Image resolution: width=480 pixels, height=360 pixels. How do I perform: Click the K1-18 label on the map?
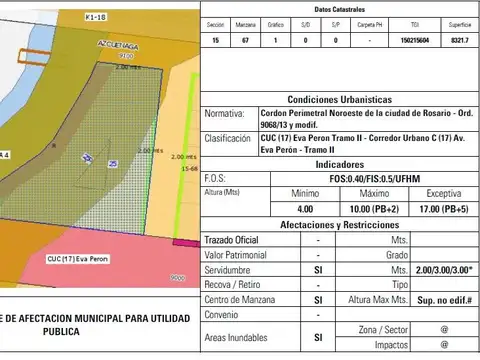pyautogui.click(x=96, y=17)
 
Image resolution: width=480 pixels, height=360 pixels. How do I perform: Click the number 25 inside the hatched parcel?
pyautogui.click(x=113, y=163)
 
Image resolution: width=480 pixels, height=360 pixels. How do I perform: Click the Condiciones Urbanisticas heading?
pyautogui.click(x=340, y=100)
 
